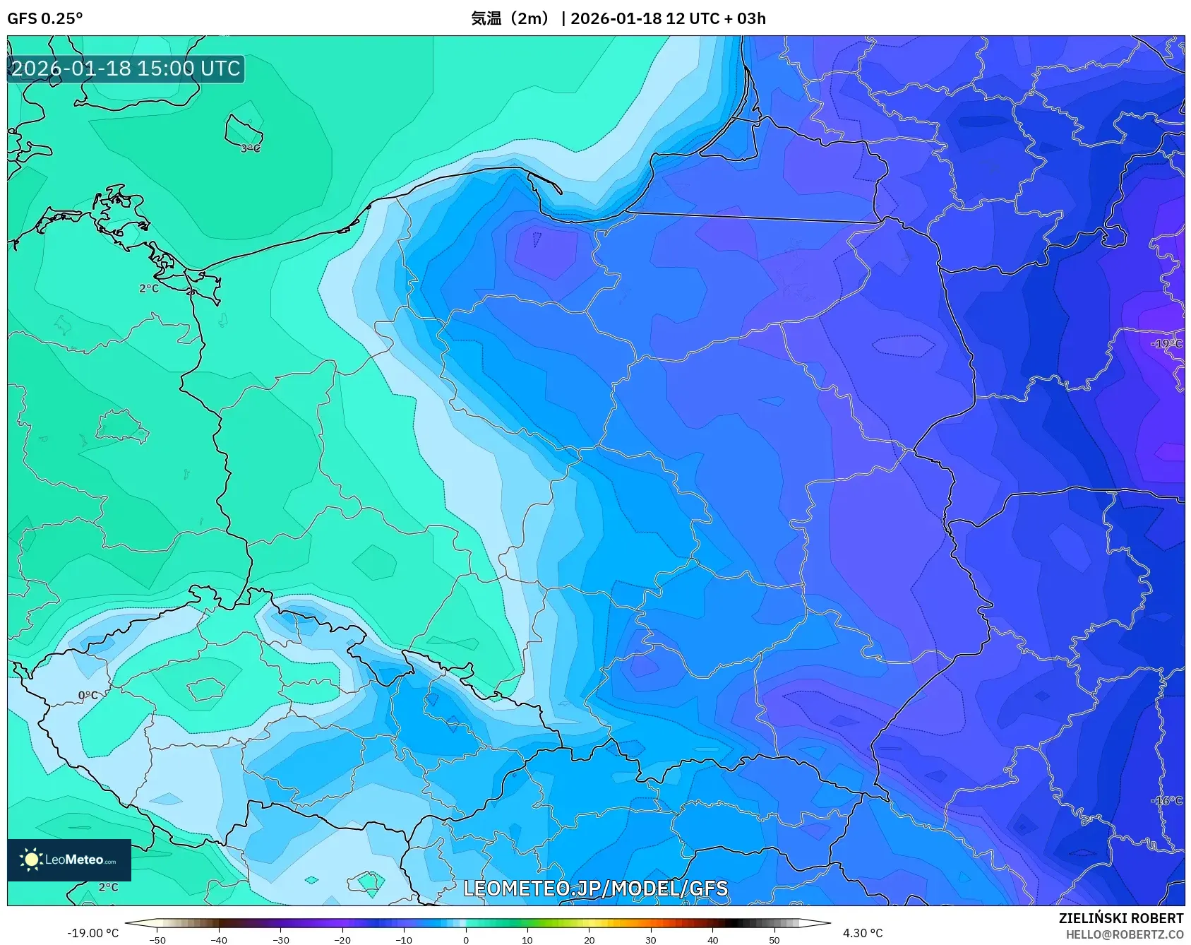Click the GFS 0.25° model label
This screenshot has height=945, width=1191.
[x=44, y=18]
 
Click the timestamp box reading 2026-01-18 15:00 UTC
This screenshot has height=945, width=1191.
[x=126, y=69]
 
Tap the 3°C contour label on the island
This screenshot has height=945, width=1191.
[x=251, y=148]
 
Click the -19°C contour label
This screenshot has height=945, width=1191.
[x=1166, y=344]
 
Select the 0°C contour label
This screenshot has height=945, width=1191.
[x=88, y=696]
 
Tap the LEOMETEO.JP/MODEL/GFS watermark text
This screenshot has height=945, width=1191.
[x=595, y=888]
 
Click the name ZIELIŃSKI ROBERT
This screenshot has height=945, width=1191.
[x=1120, y=918]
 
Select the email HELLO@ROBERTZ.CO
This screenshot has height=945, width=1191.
[x=1124, y=934]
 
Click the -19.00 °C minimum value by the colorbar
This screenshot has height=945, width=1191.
[x=92, y=933]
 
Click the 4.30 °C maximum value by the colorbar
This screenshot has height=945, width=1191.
[x=863, y=933]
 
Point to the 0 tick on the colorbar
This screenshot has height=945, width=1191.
[x=466, y=940]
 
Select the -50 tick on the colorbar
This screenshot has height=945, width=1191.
[x=157, y=940]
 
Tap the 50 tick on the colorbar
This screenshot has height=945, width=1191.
[x=774, y=940]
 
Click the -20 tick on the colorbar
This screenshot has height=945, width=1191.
[x=342, y=940]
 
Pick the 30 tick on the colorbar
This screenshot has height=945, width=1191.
[x=651, y=940]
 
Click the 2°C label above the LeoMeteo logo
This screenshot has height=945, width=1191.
[x=108, y=887]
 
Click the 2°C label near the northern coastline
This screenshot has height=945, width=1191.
[x=149, y=288]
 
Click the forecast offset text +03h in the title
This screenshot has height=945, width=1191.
[x=746, y=18]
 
